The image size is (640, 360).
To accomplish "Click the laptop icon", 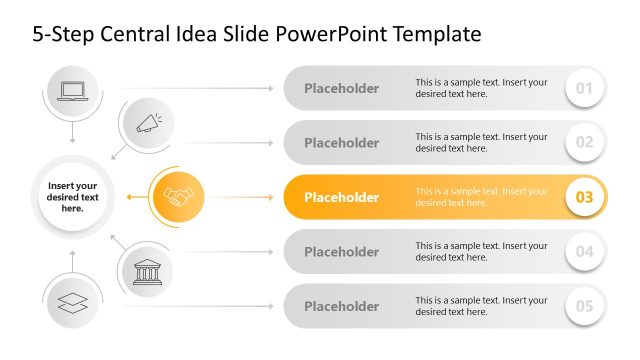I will point(73,91).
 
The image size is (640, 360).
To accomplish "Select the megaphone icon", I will point(148,123).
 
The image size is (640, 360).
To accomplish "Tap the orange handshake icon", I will point(177,197).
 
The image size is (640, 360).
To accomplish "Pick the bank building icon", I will point(148,270).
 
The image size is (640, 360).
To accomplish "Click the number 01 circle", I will point(584,88).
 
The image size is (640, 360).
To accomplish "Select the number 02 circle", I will point(584,142).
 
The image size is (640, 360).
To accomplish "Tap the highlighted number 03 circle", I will point(584,197).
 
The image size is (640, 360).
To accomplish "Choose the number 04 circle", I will point(584,251).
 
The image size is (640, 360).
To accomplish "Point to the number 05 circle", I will point(584,306).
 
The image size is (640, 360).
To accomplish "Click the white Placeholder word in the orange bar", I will point(341,197).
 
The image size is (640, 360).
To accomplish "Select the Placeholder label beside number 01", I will point(341,88).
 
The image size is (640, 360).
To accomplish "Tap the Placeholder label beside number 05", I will point(341,306).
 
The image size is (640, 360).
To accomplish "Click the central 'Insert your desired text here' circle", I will point(72,197).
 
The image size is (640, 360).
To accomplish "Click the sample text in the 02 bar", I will point(481,142).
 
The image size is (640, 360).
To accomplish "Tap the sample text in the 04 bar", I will point(481,251).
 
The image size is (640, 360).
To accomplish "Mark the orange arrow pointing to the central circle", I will point(136,197).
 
